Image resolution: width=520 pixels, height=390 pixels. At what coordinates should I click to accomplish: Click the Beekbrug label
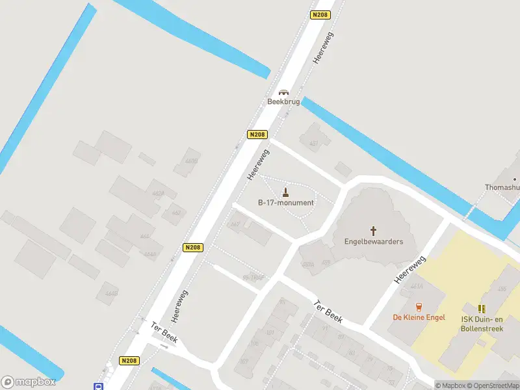click(x=283, y=102)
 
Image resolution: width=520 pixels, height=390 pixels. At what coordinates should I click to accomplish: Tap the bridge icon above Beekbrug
click(x=283, y=92)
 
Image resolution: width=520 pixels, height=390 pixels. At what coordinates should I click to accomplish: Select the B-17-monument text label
click(x=285, y=203)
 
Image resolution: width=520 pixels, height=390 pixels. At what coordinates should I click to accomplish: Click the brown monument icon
click(x=285, y=192)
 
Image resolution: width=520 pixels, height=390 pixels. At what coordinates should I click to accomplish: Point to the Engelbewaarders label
click(x=374, y=242)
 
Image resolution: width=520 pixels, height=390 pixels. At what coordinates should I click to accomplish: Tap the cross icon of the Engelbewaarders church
click(x=374, y=230)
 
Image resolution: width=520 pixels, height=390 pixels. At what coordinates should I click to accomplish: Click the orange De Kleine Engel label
click(x=419, y=317)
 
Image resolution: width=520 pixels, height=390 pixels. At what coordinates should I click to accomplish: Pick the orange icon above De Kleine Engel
click(x=419, y=307)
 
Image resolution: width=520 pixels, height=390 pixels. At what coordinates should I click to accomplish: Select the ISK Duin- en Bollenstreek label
click(x=482, y=324)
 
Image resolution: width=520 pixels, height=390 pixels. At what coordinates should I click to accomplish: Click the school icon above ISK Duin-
click(x=482, y=309)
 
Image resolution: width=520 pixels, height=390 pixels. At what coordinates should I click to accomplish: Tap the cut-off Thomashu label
click(x=502, y=188)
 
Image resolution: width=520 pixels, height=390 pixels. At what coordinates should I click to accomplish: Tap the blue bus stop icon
click(x=98, y=386)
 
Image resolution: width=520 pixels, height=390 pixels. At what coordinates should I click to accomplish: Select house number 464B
click(x=111, y=294)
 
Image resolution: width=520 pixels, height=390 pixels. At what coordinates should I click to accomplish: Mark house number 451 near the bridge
click(x=314, y=144)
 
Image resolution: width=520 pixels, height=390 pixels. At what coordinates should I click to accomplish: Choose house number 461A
click(x=417, y=286)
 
